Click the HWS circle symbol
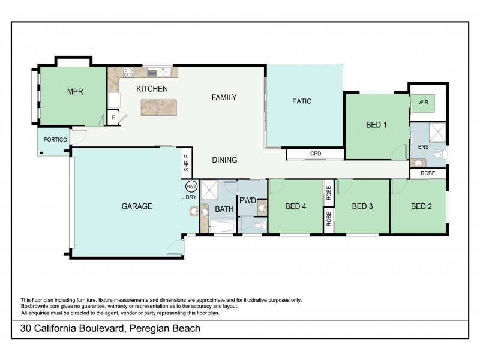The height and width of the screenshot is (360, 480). [x=191, y=187]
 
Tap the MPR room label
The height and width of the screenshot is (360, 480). [x=74, y=92]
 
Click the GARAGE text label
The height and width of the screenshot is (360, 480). [x=137, y=206]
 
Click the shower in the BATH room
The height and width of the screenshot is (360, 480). [x=211, y=191]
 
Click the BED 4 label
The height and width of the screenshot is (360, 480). [x=296, y=206]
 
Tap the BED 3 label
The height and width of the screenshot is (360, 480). [x=362, y=206]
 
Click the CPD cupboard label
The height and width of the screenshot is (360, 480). [x=315, y=154]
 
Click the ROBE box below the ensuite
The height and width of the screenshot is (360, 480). [x=428, y=173]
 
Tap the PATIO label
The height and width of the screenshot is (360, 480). [x=302, y=101]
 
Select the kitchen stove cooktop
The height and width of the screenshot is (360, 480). [x=128, y=73]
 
